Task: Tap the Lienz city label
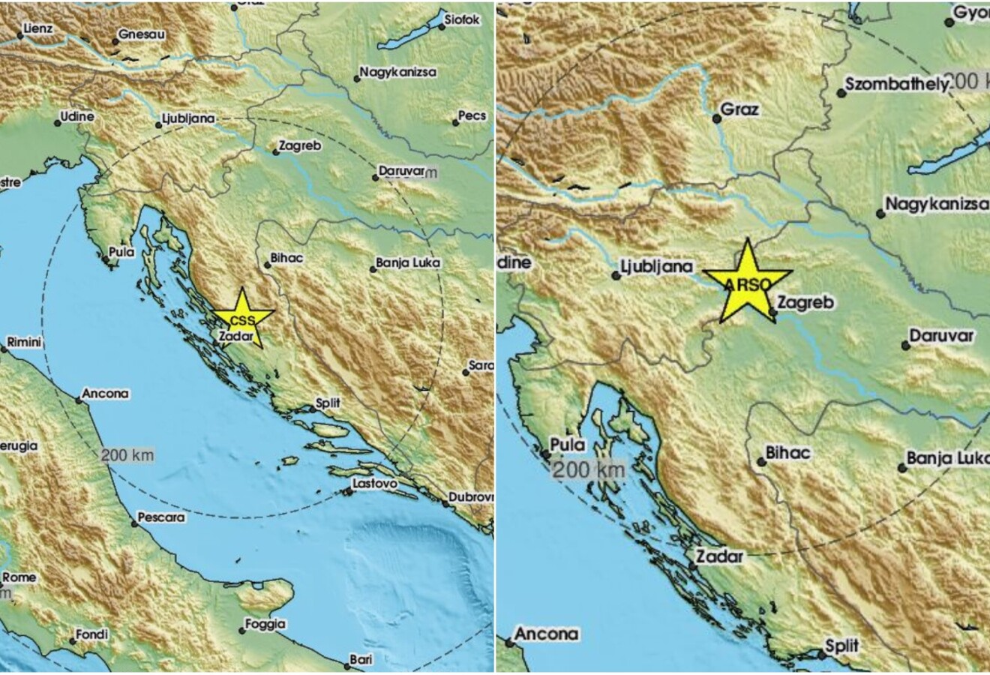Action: click(x=37, y=28)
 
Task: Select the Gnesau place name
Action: click(x=142, y=35)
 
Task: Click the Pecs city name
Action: click(x=472, y=116)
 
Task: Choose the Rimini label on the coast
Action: click(x=24, y=343)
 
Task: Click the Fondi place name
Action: click(x=93, y=634)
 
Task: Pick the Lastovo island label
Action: click(x=374, y=484)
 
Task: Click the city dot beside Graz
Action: click(x=715, y=117)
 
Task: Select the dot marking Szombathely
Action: click(x=840, y=93)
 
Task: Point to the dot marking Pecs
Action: click(x=456, y=121)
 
